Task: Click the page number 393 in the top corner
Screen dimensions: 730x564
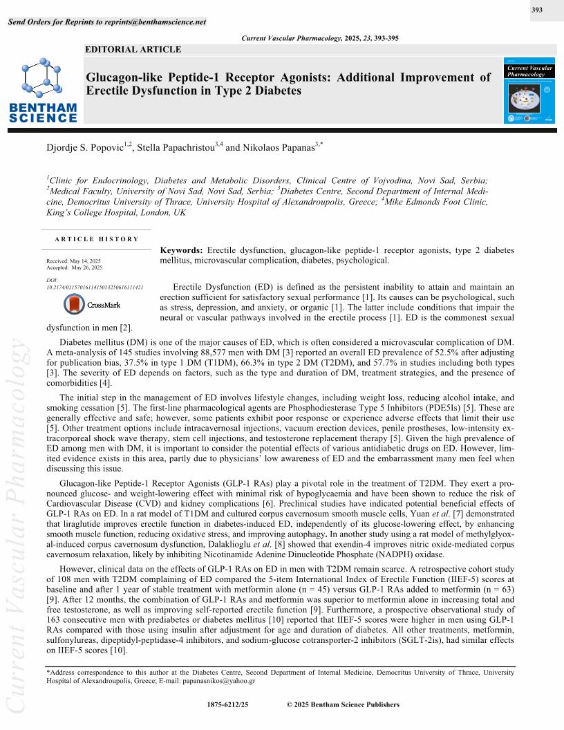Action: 536,10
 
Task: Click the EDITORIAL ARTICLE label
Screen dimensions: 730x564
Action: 133,49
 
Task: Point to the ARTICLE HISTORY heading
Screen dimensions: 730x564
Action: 97,239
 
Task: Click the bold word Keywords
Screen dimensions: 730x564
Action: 181,250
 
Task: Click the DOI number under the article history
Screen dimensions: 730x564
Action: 95,286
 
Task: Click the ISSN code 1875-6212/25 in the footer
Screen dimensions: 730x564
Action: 227,704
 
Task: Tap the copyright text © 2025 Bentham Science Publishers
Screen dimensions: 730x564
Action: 343,704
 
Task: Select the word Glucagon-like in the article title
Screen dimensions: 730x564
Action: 121,77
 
